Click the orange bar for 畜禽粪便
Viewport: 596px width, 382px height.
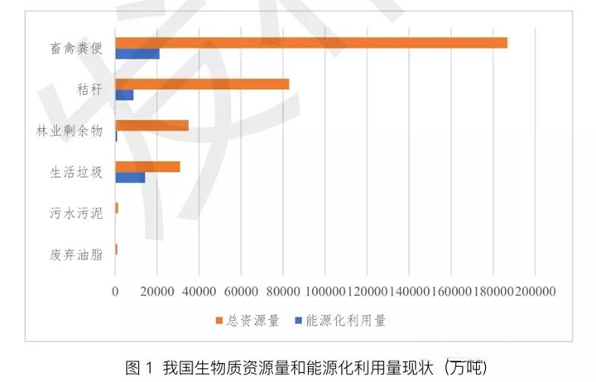310,43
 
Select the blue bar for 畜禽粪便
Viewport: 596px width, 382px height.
137,54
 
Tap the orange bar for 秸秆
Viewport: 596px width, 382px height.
202,84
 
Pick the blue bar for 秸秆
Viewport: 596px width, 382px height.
124,95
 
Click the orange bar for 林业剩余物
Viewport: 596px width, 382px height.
151,126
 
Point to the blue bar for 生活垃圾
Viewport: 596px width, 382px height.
130,178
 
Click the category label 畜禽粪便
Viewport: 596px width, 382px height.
75,48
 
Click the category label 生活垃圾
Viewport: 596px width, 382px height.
75,172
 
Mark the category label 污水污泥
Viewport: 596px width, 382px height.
75,213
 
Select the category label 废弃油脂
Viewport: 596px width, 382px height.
75,255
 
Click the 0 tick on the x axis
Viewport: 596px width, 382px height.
115,291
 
